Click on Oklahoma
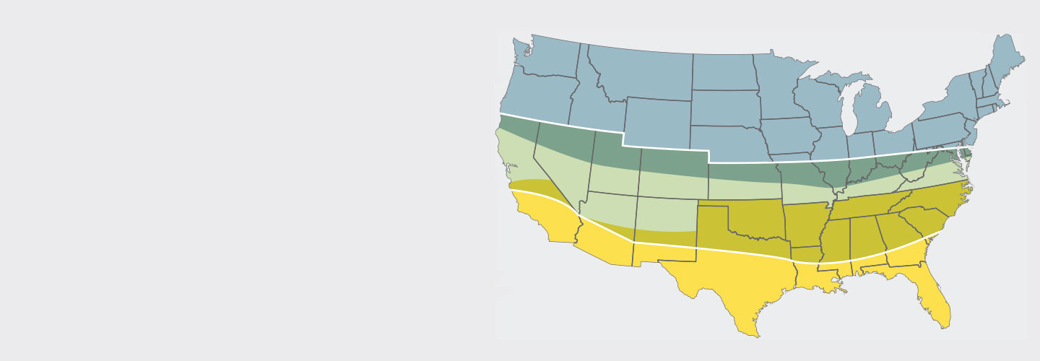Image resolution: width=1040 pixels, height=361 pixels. point(751,224)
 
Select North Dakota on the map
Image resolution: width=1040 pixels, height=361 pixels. point(722,72)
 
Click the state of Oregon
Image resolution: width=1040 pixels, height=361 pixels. point(534,97)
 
